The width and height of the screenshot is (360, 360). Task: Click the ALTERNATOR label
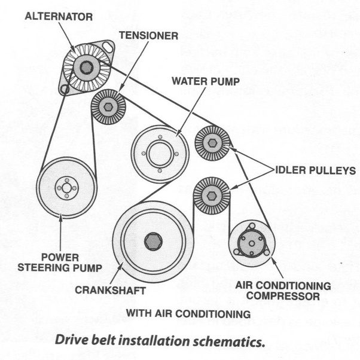[59, 16]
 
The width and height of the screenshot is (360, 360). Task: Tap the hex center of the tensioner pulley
[108, 107]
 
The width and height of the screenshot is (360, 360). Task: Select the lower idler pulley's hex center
[212, 194]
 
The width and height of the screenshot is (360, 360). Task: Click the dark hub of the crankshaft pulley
[151, 240]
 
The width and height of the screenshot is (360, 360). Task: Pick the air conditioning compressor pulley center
[251, 242]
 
